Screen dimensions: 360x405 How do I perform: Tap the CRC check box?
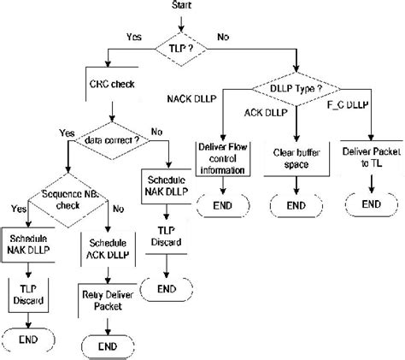[x=110, y=88]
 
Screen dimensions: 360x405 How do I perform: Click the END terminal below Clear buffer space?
[x=296, y=206]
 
